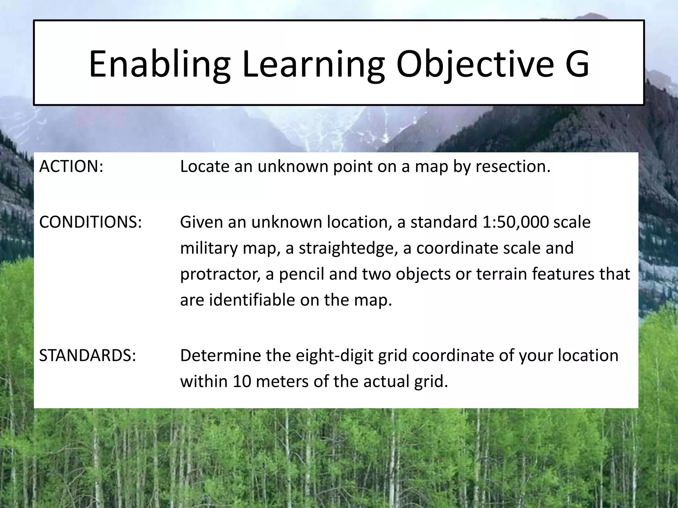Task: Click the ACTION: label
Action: click(71, 166)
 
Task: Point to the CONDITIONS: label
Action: click(90, 222)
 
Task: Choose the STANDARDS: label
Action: click(87, 356)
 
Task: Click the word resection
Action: click(513, 166)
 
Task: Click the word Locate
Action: click(205, 166)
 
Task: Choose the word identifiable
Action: click(252, 300)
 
